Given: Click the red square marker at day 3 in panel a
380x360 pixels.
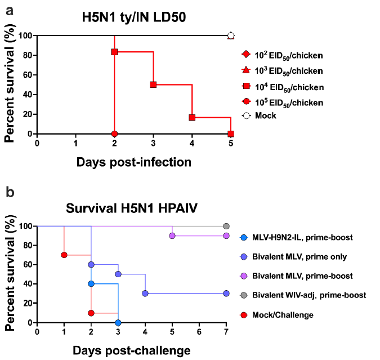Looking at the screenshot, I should tap(153, 85).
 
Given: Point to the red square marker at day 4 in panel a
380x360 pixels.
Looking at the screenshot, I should tap(192, 117).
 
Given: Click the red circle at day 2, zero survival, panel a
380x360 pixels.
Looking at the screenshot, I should tap(114, 134).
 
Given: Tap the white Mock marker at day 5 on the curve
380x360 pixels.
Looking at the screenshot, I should tap(231, 35).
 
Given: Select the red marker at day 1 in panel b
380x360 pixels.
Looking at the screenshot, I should tap(64, 255).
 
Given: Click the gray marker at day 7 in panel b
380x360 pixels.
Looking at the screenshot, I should tap(226, 226).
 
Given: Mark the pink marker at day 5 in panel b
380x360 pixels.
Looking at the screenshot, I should tap(172, 235).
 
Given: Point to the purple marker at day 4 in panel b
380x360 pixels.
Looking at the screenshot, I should tap(145, 294).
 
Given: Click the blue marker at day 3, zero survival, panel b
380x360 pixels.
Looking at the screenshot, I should tap(118, 323).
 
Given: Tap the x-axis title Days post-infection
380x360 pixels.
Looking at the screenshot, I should tap(134, 162).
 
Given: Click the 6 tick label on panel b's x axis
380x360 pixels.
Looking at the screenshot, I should tap(199, 333).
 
